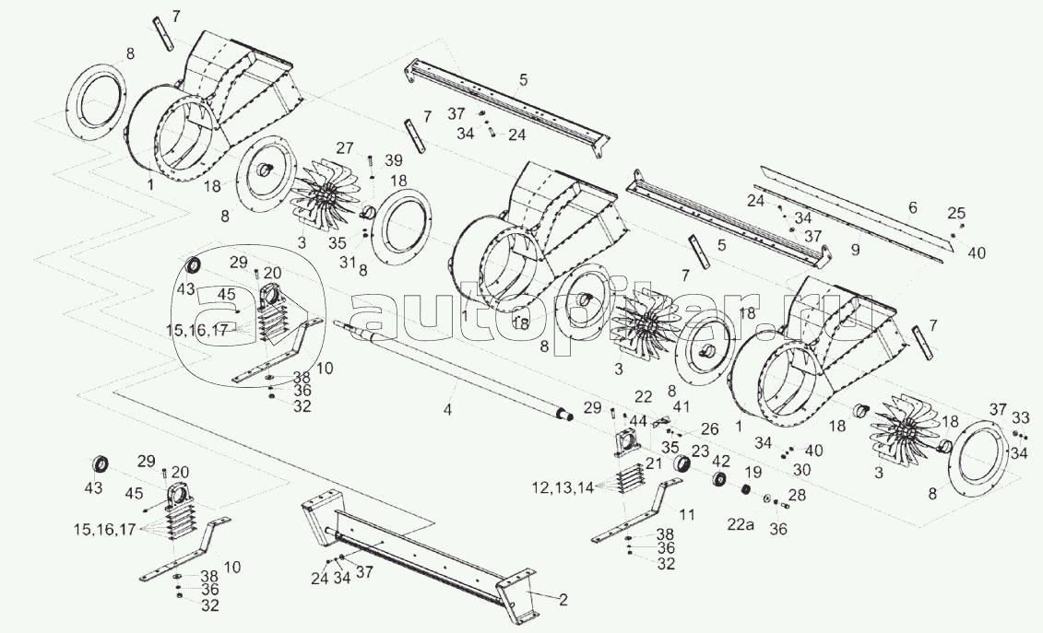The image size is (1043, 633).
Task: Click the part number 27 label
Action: point(345,147)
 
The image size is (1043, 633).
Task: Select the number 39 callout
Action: point(394,160)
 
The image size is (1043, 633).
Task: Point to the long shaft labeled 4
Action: point(452,374)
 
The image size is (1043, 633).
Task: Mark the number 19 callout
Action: point(753,471)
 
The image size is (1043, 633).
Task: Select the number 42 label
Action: point(724,461)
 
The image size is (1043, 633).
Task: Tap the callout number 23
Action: point(700,451)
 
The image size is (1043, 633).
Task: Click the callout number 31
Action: point(347,262)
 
